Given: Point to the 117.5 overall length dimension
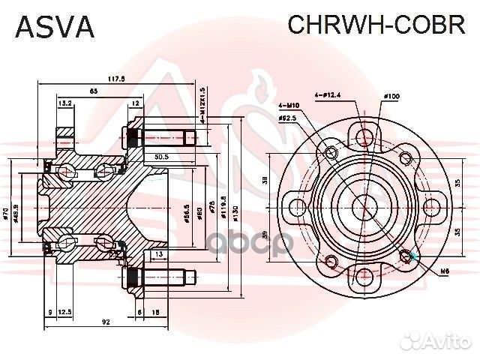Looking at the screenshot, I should (x=115, y=77).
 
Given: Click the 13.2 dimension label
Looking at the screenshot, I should (x=64, y=103).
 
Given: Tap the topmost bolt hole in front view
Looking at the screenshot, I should (x=364, y=136).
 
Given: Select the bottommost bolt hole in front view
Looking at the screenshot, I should (x=364, y=274).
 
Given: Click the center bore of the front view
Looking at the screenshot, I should (x=364, y=205).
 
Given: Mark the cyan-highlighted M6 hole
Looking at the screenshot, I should (x=408, y=255).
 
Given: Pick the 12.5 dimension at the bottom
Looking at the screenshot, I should (x=64, y=311).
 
